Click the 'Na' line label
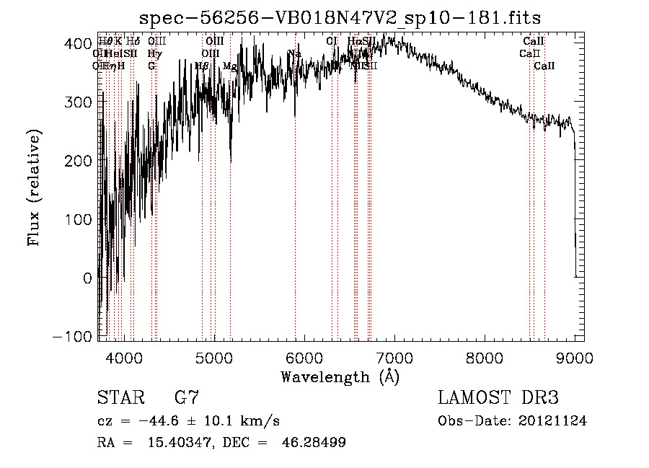[293, 53]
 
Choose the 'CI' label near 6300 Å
[332, 41]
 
